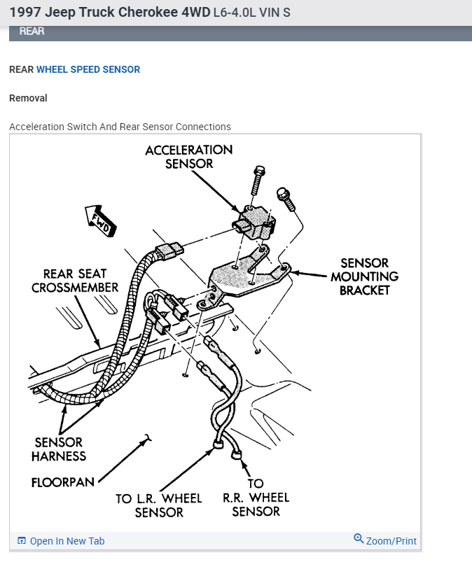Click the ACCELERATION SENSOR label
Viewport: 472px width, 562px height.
(189, 157)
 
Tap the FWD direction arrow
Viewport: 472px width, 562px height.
(99, 220)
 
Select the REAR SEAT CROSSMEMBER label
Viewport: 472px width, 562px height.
(75, 281)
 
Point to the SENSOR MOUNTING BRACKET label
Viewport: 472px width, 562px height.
(364, 276)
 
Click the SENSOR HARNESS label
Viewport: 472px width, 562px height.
(59, 449)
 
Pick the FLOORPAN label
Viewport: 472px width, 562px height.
(62, 483)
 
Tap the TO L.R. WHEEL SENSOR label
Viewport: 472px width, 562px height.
(159, 505)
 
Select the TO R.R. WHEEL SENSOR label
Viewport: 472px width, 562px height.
(256, 498)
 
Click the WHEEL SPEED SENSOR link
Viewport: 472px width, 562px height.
(88, 70)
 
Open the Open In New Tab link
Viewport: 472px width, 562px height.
(67, 541)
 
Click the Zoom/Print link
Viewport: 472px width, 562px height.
(391, 541)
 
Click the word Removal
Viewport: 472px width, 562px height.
(28, 99)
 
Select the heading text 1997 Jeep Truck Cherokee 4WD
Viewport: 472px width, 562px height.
(109, 13)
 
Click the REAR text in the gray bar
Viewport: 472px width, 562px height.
(32, 31)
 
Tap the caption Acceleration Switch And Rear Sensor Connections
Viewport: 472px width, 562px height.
(120, 127)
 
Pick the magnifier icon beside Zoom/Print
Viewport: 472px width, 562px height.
(359, 539)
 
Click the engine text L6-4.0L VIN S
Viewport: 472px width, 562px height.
(251, 13)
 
